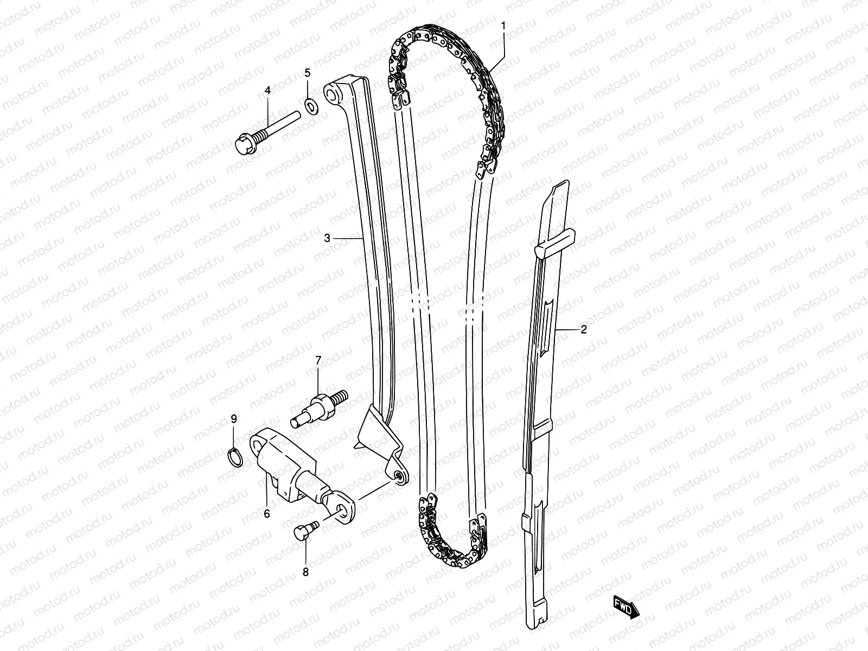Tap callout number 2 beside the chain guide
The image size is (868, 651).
(584, 329)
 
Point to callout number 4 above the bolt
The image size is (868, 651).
(267, 91)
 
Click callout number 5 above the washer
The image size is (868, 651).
(307, 73)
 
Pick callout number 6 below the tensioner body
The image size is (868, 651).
(267, 513)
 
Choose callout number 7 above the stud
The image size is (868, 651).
(318, 360)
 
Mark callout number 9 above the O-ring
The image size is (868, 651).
(234, 418)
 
